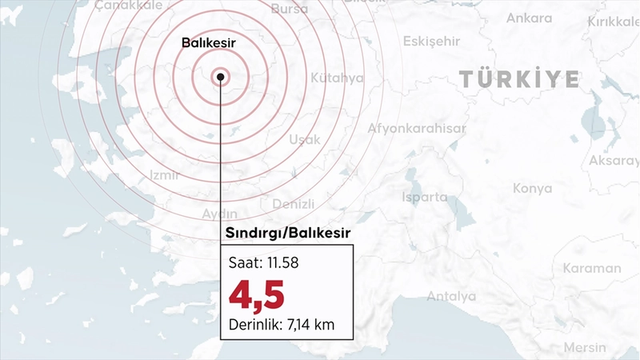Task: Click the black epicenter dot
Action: pos(220,77)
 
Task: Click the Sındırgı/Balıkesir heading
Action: pos(286,234)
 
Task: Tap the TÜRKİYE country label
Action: pos(519,78)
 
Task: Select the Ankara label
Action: pos(529,18)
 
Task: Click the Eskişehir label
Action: pos(433,41)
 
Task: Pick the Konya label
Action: pos(533,189)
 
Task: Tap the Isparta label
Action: pos(424,196)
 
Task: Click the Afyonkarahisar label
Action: pos(417,128)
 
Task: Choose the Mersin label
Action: pos(586,347)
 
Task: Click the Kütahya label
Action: pos(337,78)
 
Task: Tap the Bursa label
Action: pos(289,9)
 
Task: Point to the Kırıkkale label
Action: pos(611,22)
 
